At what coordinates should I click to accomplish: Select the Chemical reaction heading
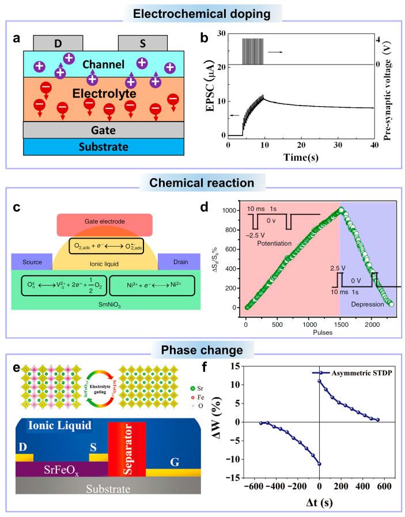coord(202,183)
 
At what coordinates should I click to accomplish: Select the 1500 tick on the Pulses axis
coord(340,324)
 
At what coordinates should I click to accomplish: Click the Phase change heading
coord(202,350)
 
